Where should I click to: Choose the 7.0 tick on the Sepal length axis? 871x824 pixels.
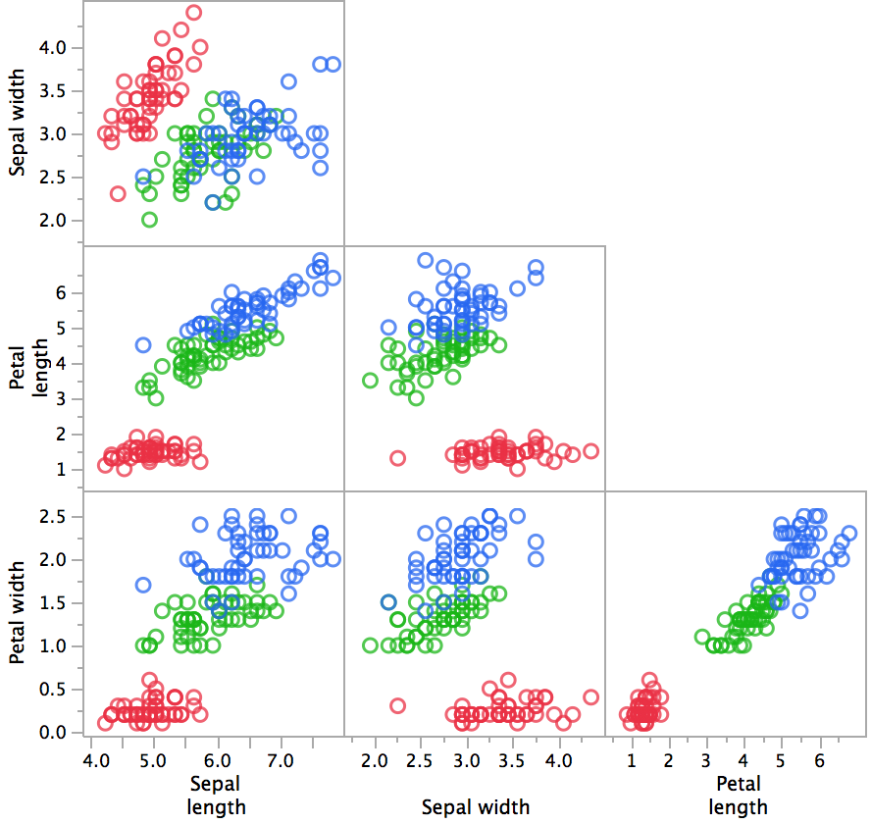click(x=282, y=761)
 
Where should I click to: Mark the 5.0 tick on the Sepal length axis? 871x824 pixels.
click(x=153, y=761)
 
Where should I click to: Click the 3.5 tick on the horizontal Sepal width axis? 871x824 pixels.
click(x=512, y=761)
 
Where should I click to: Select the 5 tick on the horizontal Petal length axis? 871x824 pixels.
click(x=781, y=761)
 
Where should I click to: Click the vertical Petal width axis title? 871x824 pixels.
click(x=18, y=612)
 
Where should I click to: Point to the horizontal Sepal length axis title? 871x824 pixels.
click(x=214, y=795)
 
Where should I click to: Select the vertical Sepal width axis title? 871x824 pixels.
click(x=18, y=123)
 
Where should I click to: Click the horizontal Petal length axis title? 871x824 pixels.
click(x=738, y=795)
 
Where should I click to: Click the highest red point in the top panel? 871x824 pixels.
click(x=193, y=13)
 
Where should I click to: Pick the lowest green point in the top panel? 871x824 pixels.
click(x=149, y=220)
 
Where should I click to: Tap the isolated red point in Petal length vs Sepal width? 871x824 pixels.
click(x=397, y=458)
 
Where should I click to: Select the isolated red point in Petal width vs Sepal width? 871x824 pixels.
click(x=397, y=705)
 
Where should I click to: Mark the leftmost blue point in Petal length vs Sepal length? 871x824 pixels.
click(x=143, y=345)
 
